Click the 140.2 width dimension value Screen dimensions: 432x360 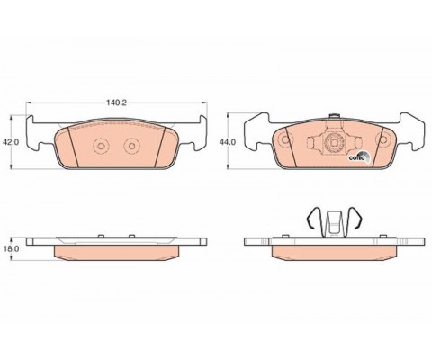point(117,103)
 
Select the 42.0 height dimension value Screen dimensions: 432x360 point(11,142)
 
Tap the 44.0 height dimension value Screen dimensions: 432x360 point(228,142)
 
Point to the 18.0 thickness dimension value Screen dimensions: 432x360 point(11,248)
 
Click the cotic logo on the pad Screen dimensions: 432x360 point(359,157)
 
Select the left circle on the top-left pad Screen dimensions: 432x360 point(102,146)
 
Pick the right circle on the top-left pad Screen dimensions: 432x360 point(131,146)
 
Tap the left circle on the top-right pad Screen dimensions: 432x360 point(284,139)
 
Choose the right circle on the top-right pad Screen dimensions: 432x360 point(384,139)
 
